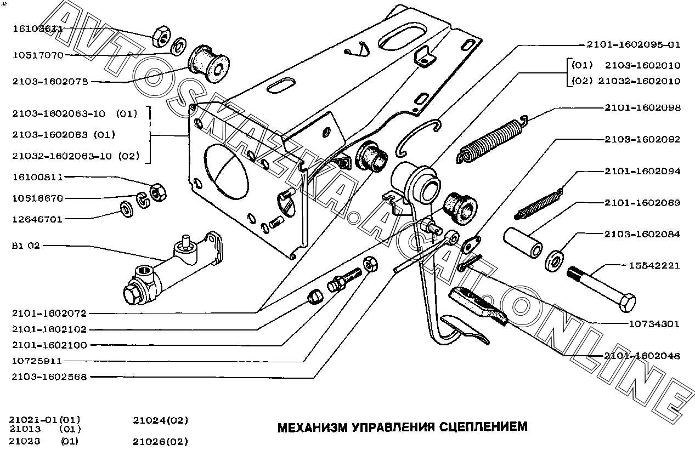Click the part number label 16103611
click(38, 29)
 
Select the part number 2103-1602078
click(50, 82)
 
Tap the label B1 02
click(26, 246)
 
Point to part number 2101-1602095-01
click(633, 44)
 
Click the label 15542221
click(654, 266)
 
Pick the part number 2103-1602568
click(49, 377)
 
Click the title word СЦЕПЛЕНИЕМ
click(483, 427)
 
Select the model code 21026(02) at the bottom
click(160, 441)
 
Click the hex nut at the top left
click(161, 36)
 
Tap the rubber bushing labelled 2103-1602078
click(208, 64)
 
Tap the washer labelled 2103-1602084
click(555, 261)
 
